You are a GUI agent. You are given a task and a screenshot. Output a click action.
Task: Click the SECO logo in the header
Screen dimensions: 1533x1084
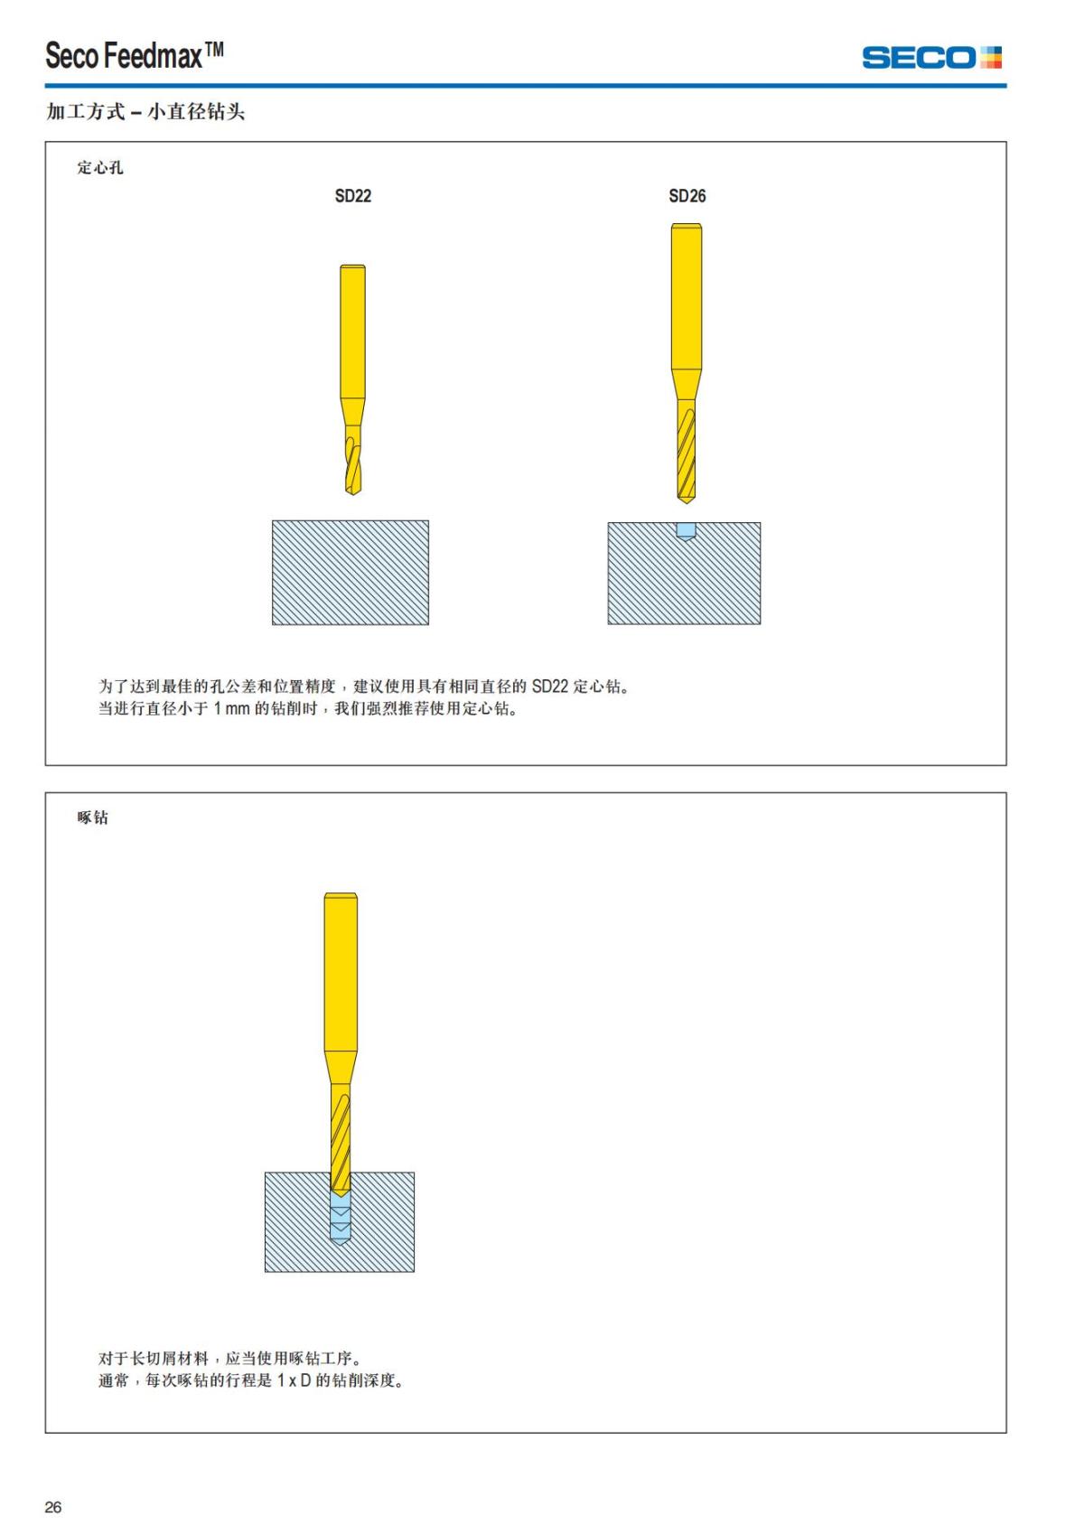[930, 58]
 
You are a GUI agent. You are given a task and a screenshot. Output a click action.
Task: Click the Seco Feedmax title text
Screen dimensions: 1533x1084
[135, 56]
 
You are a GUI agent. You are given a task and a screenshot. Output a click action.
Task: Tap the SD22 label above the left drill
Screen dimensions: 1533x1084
[353, 196]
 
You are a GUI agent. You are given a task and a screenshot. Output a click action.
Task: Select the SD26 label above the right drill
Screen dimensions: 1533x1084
[687, 196]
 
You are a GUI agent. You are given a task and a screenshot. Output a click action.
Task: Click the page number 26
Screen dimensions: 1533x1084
[53, 1507]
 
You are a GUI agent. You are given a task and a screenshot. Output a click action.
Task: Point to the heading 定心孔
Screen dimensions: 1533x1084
[100, 167]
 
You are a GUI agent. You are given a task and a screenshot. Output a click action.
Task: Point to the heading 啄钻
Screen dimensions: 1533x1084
[93, 818]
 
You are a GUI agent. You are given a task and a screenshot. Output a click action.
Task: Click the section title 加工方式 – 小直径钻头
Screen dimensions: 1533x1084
[145, 112]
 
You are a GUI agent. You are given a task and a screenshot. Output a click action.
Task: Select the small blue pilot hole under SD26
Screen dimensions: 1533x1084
[687, 530]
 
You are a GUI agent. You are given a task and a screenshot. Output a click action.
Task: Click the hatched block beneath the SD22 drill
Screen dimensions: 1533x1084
[350, 573]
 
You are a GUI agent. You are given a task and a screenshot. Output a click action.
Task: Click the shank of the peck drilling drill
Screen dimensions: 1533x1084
[341, 971]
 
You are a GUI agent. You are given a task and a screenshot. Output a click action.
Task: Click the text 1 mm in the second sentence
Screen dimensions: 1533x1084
[231, 709]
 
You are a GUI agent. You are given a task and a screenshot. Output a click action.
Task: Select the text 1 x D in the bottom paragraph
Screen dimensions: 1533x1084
[294, 1381]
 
